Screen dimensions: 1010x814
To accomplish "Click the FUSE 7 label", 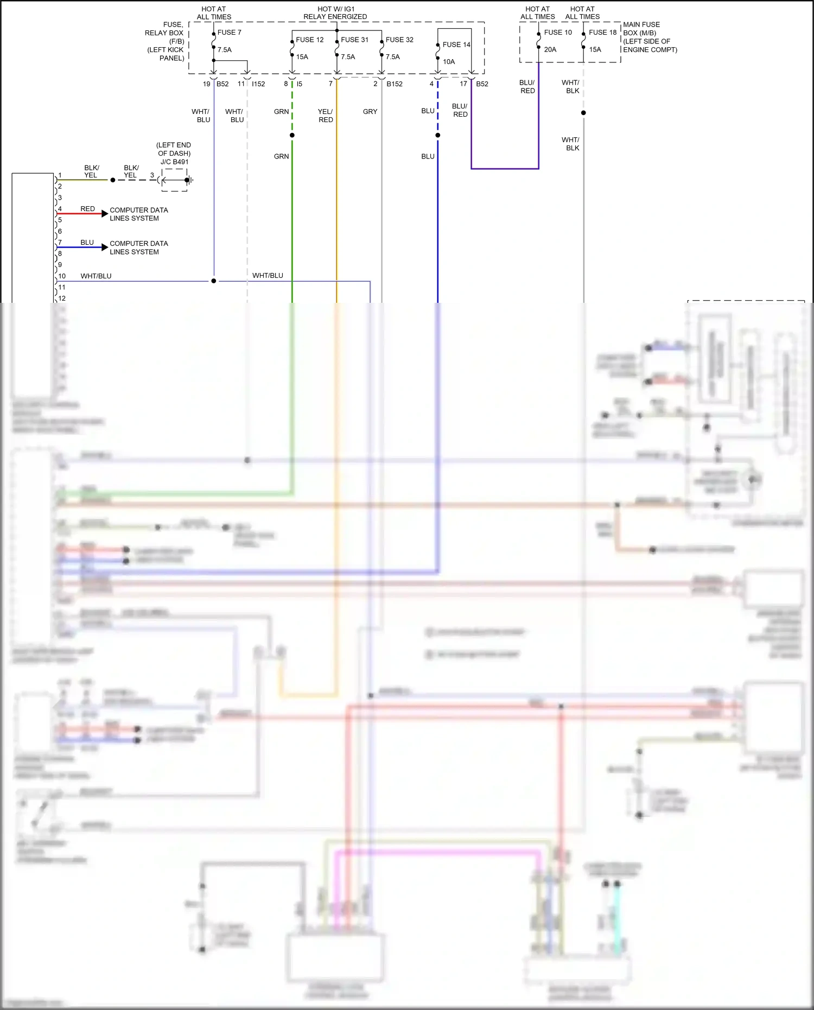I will [229, 33].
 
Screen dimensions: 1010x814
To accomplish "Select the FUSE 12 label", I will [309, 40].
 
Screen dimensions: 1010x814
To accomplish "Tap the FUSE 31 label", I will [354, 40].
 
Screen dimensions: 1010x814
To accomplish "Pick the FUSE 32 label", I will [399, 40].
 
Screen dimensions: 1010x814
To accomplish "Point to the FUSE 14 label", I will [456, 45].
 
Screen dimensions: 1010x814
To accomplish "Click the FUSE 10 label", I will [558, 33].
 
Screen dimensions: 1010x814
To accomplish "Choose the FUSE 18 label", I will [602, 33].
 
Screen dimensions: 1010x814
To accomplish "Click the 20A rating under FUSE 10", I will [550, 50].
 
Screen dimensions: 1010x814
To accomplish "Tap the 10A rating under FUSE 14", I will [449, 62].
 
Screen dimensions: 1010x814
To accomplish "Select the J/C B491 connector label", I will [174, 162].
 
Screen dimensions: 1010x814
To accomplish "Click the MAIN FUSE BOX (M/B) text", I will [641, 29].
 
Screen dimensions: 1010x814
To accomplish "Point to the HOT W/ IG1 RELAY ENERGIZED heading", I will [335, 13].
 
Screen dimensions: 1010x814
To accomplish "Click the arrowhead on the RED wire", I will [105, 214].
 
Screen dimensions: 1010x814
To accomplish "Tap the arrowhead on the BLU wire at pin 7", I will [105, 247].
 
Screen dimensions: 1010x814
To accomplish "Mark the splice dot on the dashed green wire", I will [292, 135].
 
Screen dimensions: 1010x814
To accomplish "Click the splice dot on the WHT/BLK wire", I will [583, 113].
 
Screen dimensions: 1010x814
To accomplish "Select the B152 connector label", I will [395, 84].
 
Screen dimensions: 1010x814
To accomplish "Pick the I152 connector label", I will [258, 84].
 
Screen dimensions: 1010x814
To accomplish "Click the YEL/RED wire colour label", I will [326, 116].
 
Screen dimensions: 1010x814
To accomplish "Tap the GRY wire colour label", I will [370, 112].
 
